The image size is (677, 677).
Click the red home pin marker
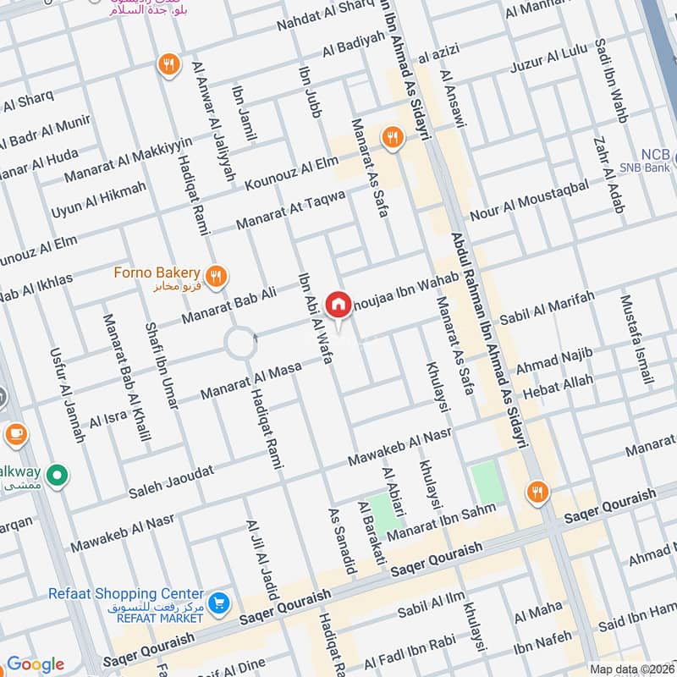(x=338, y=305)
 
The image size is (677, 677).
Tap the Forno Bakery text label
(x=158, y=272)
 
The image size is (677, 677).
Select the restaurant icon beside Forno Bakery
(x=217, y=274)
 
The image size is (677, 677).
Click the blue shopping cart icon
(x=218, y=603)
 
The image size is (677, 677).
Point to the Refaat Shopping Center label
(x=126, y=594)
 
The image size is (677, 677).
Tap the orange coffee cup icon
(x=15, y=434)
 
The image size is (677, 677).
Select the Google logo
(x=35, y=664)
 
